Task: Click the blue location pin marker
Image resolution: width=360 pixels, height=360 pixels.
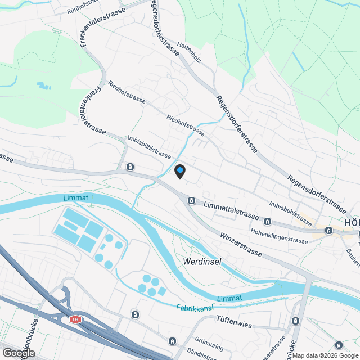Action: (180, 171)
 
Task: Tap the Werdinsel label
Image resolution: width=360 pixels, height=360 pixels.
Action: (202, 262)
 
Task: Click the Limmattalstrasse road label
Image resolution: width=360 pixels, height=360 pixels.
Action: (231, 211)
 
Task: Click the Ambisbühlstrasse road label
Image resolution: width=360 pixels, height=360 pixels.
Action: (149, 146)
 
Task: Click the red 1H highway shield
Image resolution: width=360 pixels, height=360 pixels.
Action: (75, 319)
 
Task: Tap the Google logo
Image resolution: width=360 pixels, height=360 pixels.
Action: (18, 353)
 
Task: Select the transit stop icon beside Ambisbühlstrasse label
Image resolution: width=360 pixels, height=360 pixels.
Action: (130, 166)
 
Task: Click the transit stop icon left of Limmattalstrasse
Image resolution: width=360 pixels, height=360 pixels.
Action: (192, 201)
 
